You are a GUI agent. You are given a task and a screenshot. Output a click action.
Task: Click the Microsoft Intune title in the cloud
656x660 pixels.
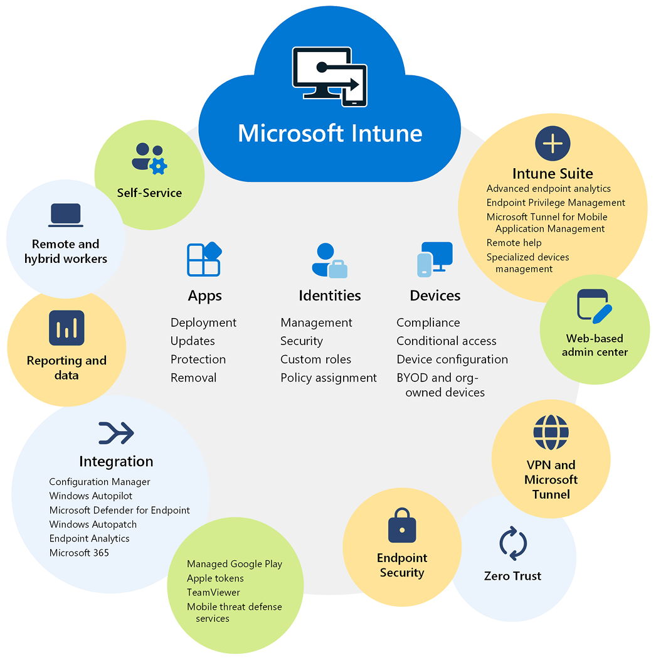[330, 134]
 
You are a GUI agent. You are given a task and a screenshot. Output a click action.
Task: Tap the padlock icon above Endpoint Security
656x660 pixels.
[402, 525]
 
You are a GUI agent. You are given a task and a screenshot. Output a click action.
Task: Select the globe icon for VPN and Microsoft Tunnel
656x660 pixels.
[551, 432]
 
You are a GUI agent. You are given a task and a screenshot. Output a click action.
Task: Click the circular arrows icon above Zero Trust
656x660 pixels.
[513, 544]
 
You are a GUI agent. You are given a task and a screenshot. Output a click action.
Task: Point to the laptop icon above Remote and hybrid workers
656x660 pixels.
[66, 215]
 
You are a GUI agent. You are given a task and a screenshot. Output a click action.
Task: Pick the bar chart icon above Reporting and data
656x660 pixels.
[66, 328]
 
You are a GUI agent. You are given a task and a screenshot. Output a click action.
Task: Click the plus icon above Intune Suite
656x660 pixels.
[553, 144]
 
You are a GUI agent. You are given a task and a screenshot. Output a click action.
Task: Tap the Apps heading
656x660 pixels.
[204, 295]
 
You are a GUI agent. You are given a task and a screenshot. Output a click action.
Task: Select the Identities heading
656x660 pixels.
[330, 295]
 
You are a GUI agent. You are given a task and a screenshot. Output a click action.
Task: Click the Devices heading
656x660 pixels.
[435, 295]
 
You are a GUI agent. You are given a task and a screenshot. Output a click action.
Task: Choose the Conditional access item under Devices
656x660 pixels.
[447, 341]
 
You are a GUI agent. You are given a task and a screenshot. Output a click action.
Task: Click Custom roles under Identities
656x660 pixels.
[315, 359]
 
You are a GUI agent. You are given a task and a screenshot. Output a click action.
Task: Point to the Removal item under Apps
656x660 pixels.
[193, 378]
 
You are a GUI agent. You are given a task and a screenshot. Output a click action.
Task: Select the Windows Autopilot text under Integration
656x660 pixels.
[91, 496]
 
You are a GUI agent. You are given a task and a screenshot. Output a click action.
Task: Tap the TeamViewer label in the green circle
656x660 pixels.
[213, 592]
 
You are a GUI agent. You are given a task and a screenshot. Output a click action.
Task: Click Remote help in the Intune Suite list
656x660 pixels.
[514, 243]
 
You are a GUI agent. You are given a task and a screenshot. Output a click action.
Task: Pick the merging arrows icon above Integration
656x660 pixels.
[116, 433]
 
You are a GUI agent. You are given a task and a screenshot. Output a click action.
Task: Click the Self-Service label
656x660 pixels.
[149, 193]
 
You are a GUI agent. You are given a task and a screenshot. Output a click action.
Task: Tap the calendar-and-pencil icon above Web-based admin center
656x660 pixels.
[594, 307]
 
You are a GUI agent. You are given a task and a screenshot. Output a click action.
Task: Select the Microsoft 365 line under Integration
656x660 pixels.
[79, 553]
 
